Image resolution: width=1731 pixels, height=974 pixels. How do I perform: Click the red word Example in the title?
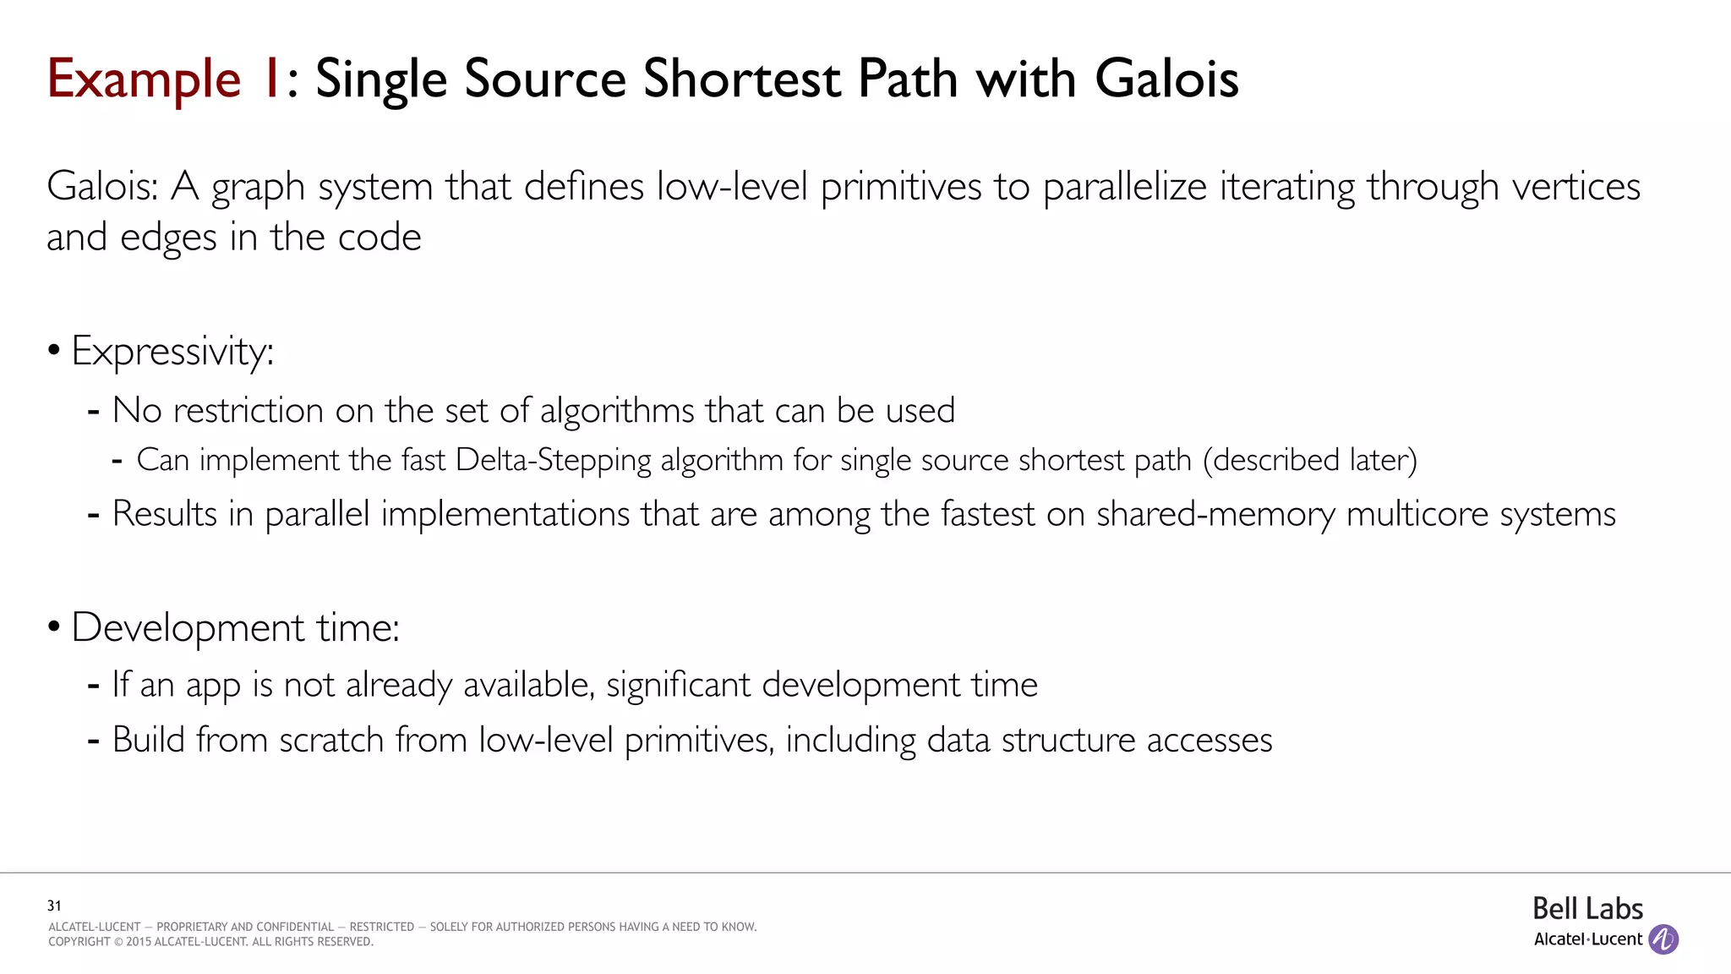click(144, 79)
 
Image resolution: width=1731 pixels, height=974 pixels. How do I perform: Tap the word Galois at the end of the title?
click(1166, 79)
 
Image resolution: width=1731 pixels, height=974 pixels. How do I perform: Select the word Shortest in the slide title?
click(741, 79)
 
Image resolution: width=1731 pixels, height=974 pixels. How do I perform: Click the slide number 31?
click(54, 906)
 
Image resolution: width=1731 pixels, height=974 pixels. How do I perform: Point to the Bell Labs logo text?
click(1587, 909)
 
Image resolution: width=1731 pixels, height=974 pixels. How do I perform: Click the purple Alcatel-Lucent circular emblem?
click(1663, 939)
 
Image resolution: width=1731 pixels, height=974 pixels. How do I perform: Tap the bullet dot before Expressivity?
click(54, 350)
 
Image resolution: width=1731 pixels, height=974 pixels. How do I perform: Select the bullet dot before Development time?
click(54, 627)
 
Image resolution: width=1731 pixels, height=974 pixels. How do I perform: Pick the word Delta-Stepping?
click(554, 461)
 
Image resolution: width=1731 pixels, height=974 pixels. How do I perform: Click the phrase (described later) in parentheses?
click(1309, 461)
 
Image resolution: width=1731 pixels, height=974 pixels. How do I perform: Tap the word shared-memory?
click(1215, 514)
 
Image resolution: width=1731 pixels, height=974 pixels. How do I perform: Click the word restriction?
click(248, 411)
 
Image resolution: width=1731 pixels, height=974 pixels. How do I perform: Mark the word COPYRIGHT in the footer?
click(79, 942)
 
